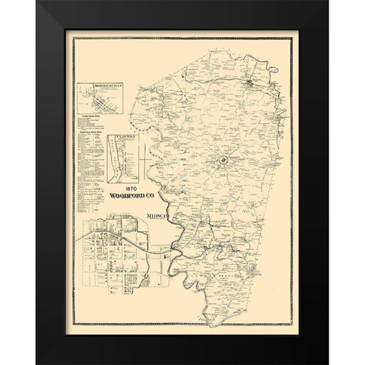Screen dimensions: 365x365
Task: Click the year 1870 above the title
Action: pos(119,190)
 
